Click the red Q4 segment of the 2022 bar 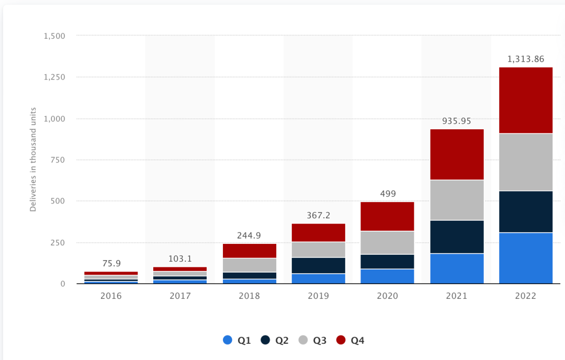click(x=526, y=100)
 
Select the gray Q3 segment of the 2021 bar click(x=457, y=200)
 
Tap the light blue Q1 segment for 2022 click(x=526, y=257)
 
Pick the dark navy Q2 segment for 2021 click(x=457, y=237)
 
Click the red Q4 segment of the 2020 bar click(x=387, y=216)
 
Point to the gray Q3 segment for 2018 click(x=249, y=265)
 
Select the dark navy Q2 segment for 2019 click(x=318, y=265)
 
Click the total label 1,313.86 click(x=526, y=59)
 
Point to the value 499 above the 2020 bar click(x=387, y=194)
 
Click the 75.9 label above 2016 click(x=111, y=264)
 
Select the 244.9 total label click(x=249, y=235)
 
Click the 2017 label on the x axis click(x=180, y=296)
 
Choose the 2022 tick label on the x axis click(x=526, y=296)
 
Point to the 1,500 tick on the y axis click(x=54, y=36)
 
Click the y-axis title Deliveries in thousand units click(x=33, y=160)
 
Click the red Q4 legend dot click(x=341, y=340)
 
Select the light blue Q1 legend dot click(x=228, y=340)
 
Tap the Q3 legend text click(x=320, y=341)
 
